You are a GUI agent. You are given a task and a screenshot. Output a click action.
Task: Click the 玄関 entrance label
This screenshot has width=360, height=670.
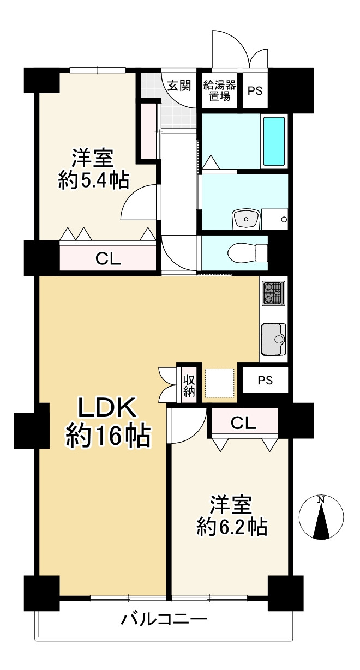click(178, 86)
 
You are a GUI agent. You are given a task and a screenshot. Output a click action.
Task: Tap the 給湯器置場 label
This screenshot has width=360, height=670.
click(219, 91)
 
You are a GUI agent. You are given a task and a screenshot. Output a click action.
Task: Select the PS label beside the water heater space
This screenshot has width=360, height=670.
click(255, 91)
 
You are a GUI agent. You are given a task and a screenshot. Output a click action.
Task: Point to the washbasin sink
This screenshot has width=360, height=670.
click(245, 220)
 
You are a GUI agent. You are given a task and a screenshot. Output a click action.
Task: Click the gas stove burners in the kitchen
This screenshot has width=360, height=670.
click(273, 293)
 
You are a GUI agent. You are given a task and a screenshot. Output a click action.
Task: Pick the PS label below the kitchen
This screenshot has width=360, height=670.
click(265, 381)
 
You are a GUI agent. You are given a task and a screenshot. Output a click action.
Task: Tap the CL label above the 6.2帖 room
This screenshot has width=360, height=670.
click(243, 422)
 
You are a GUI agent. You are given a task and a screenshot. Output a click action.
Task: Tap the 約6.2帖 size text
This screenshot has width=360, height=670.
click(231, 526)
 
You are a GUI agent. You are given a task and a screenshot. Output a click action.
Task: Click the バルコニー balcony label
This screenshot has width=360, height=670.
click(164, 620)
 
